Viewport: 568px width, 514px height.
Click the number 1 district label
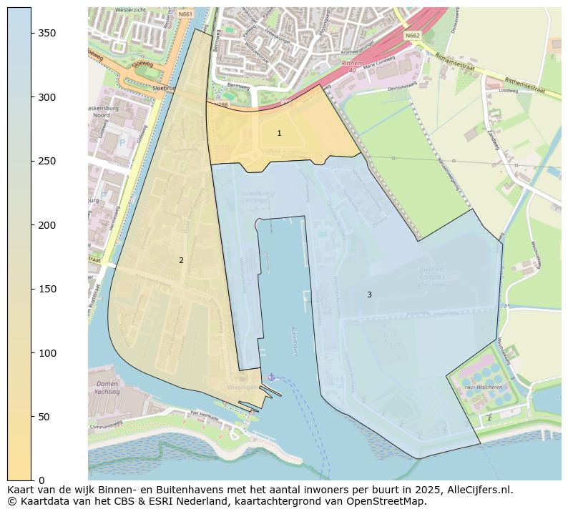pos(279,134)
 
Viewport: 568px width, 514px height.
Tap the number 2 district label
pos(181,261)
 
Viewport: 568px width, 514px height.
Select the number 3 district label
pos(369,295)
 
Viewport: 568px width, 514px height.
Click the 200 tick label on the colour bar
pos(47,225)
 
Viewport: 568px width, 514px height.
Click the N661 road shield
pos(185,14)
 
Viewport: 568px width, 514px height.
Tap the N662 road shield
pos(413,35)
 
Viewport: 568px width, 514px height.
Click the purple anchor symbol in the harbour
pos(270,377)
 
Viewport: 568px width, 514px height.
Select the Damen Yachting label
pos(107,387)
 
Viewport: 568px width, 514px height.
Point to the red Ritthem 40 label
pos(348,66)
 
